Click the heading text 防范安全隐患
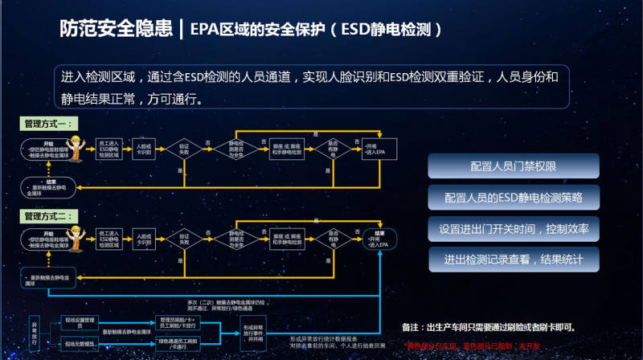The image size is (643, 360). tap(116, 30)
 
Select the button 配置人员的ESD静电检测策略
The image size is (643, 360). tap(514, 198)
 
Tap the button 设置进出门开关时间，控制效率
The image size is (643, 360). tap(514, 229)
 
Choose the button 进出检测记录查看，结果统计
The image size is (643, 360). tap(514, 260)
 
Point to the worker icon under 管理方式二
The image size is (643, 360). tap(82, 239)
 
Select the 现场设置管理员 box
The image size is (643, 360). tap(80, 321)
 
